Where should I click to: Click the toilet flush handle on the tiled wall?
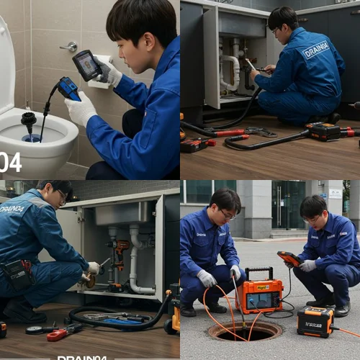(70, 47)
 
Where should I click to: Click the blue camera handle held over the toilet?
(69, 89)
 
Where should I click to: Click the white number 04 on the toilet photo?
(10, 162)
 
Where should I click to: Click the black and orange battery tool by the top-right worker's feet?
(323, 131)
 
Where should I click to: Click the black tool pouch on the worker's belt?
(15, 274)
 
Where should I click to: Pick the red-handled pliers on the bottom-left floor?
(64, 332)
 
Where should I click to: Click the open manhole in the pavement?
(244, 330)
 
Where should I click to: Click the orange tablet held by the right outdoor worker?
(289, 258)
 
